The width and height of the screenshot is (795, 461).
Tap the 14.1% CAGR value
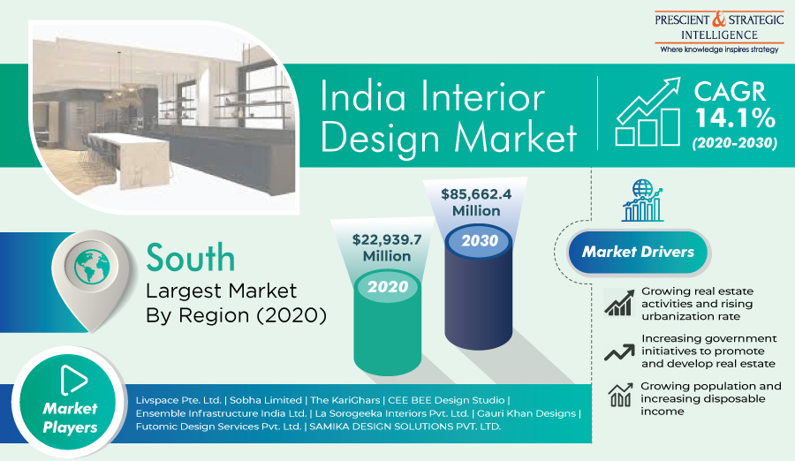[x=734, y=117]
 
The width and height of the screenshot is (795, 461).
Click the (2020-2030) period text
[x=734, y=141]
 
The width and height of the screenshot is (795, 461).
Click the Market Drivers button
[x=638, y=253]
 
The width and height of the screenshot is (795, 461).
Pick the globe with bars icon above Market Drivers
[x=642, y=200]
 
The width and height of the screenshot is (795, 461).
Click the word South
[x=191, y=258]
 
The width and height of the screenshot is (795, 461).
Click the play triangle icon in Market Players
[x=72, y=379]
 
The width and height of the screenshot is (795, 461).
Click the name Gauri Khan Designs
[x=527, y=413]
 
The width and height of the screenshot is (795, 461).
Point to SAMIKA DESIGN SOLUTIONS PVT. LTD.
[x=406, y=427]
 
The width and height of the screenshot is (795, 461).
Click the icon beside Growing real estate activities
[x=617, y=303]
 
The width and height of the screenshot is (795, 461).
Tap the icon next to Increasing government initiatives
[x=617, y=351]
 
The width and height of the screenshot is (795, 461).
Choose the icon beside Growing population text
[x=617, y=397]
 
